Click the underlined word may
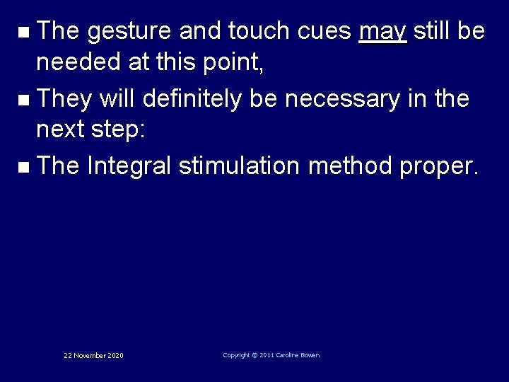tap(382, 32)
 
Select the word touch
tap(258, 31)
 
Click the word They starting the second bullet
tap(64, 99)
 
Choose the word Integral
tap(129, 166)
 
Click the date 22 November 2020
tap(93, 355)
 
